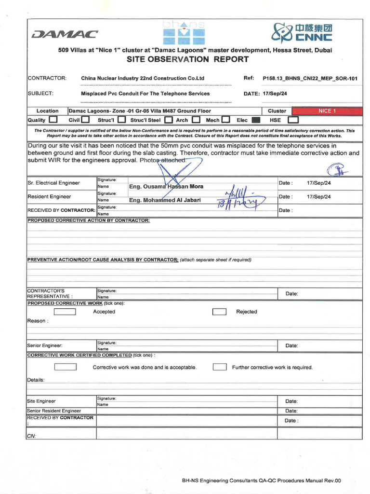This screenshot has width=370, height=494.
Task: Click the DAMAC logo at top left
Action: pyautogui.click(x=64, y=34)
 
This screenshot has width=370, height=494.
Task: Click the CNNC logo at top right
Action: pyautogui.click(x=302, y=32)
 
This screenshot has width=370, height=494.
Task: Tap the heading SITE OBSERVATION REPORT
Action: pyautogui.click(x=187, y=59)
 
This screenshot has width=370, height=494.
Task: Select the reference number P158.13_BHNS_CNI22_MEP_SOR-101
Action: pyautogui.click(x=310, y=78)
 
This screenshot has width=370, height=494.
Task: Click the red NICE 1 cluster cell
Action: pyautogui.click(x=327, y=111)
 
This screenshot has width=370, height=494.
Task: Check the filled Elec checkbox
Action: pyautogui.click(x=256, y=120)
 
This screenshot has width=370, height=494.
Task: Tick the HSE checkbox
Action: pyautogui.click(x=293, y=120)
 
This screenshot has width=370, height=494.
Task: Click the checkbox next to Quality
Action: pyautogui.click(x=53, y=120)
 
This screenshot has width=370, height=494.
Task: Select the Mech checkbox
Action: pyautogui.click(x=225, y=120)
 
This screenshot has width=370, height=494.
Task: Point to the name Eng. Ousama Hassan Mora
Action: pyautogui.click(x=166, y=186)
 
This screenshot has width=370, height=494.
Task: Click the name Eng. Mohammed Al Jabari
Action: pyautogui.click(x=165, y=200)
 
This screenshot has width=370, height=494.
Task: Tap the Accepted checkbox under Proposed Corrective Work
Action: pyautogui.click(x=65, y=312)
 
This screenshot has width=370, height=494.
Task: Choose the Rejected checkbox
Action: pyautogui.click(x=219, y=312)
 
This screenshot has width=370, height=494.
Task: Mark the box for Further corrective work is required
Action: pyautogui.click(x=220, y=367)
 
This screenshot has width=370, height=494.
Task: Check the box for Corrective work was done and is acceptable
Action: pyautogui.click(x=65, y=367)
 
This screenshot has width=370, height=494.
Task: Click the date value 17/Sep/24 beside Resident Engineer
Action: pyautogui.click(x=318, y=197)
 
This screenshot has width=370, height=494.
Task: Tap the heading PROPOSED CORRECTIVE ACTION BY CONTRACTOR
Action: pyautogui.click(x=88, y=220)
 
